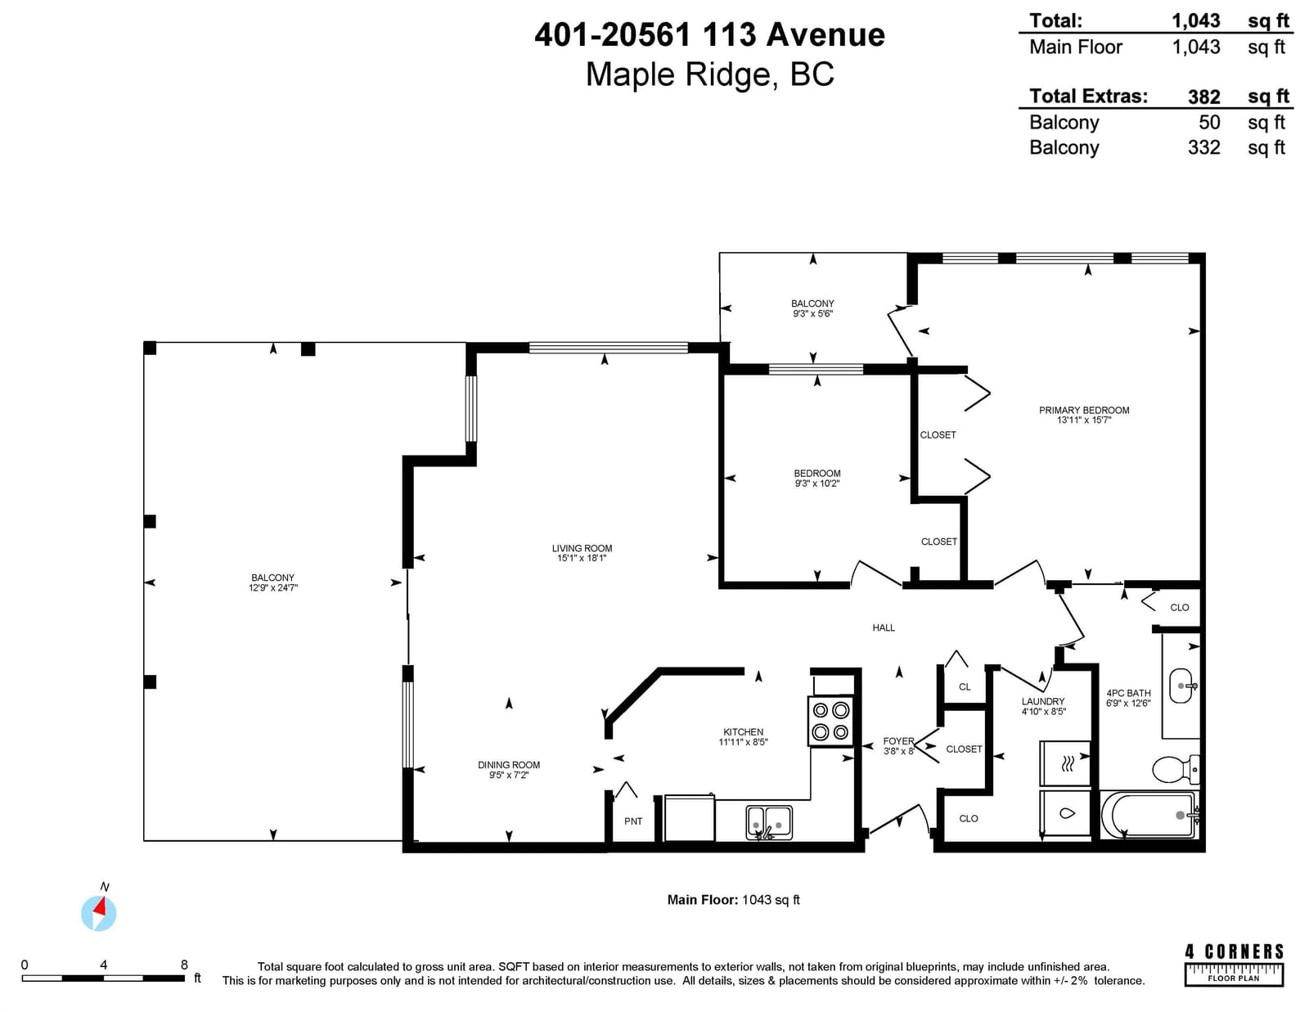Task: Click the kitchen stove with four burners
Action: (x=831, y=722)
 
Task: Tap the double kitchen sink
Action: (x=769, y=822)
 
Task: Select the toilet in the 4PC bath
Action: (x=1176, y=769)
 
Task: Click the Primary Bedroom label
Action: (x=1084, y=410)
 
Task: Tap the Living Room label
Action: (x=582, y=548)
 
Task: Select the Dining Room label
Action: (x=509, y=765)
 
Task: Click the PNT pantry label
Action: (x=633, y=821)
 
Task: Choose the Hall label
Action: (x=884, y=627)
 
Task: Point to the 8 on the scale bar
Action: (x=184, y=965)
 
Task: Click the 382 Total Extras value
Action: (x=1204, y=97)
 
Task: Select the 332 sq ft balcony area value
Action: (x=1204, y=147)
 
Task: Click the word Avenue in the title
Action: (x=825, y=34)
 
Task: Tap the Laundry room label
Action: (x=1043, y=702)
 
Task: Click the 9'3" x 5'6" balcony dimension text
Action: (x=812, y=313)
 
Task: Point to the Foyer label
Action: (x=898, y=741)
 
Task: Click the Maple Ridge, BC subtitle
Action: (x=710, y=75)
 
